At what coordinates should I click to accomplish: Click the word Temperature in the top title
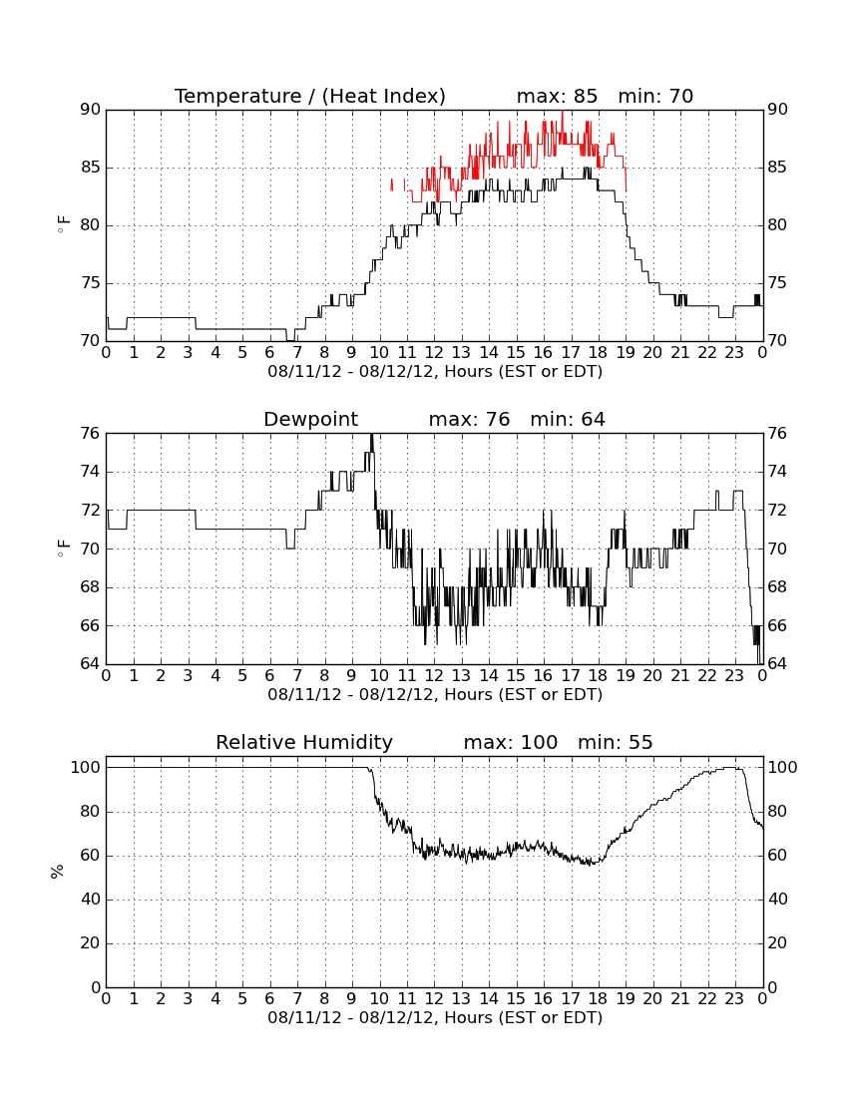point(237,97)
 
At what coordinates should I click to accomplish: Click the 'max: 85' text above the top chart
point(557,96)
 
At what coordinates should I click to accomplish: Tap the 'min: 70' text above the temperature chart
point(655,96)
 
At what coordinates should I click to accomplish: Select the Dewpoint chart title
point(310,420)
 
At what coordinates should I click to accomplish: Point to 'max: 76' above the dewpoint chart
point(469,420)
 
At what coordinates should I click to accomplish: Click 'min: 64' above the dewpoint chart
point(568,420)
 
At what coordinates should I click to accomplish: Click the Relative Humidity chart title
point(304,743)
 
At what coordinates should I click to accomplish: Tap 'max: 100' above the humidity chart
point(510,743)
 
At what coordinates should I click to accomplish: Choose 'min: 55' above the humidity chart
point(615,743)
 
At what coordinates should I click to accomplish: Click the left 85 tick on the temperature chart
point(91,168)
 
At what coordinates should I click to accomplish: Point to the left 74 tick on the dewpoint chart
point(91,473)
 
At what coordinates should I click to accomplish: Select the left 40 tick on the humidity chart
point(91,900)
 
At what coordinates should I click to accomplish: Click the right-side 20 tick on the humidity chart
point(777,943)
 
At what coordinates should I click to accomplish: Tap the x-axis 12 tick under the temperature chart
point(434,353)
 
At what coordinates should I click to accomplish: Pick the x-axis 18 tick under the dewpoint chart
point(599,676)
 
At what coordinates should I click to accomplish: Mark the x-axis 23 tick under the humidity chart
point(734,999)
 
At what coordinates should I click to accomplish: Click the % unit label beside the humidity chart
point(58,872)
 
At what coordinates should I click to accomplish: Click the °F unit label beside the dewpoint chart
point(63,548)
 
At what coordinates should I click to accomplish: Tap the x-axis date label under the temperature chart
point(435,372)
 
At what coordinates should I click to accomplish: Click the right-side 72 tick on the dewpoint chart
point(777,511)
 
